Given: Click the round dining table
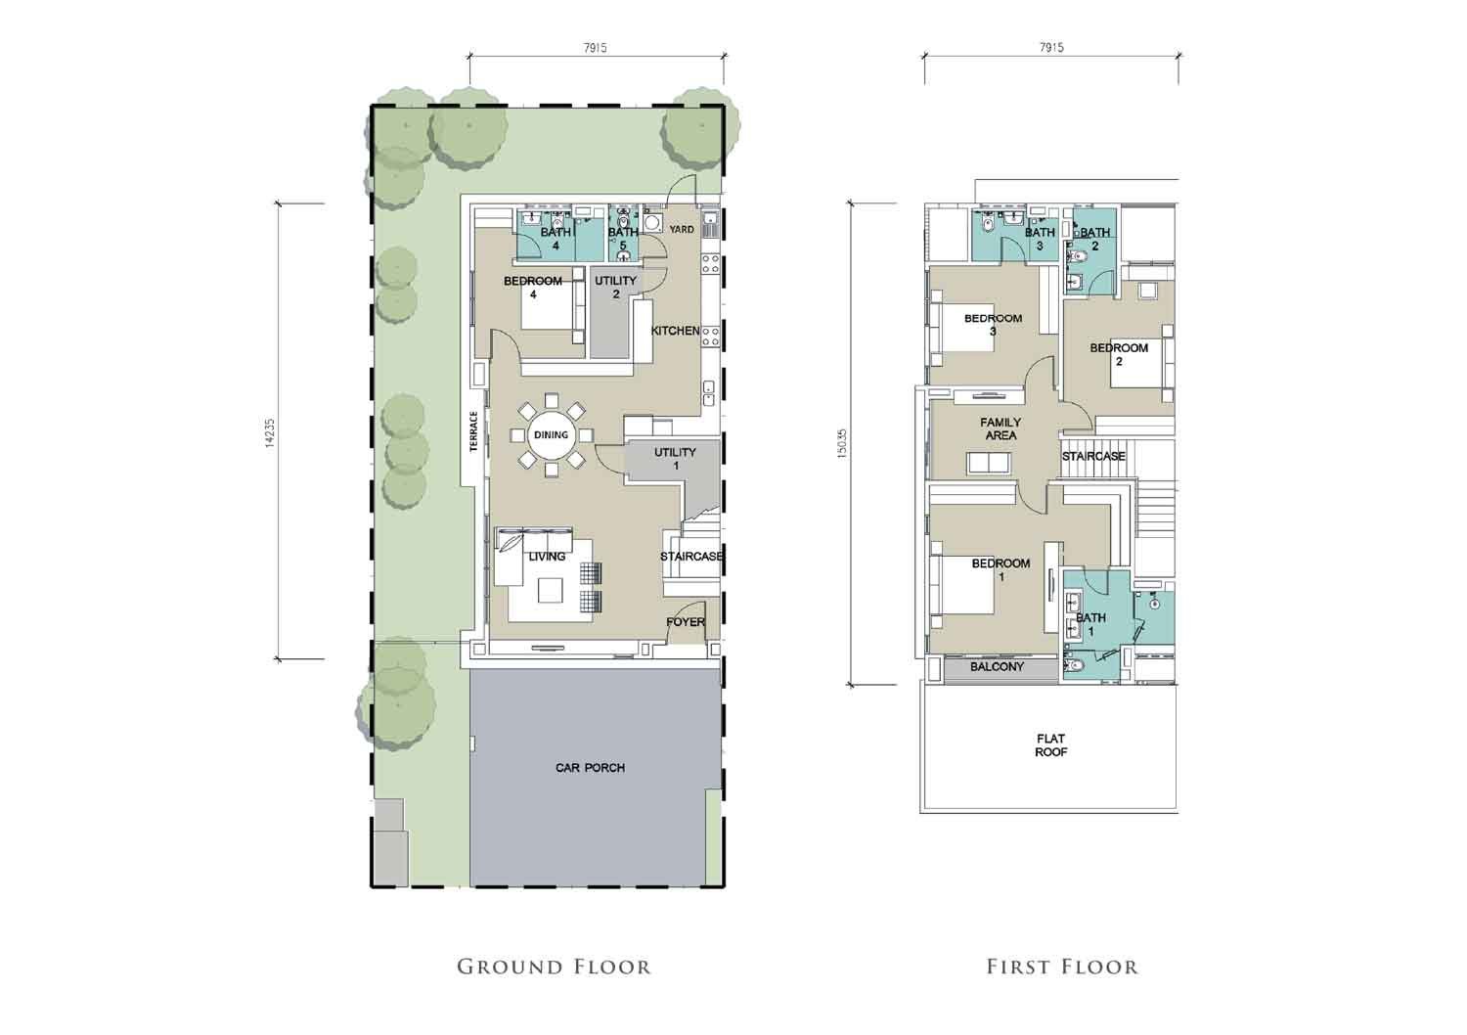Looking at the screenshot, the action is coord(551,435).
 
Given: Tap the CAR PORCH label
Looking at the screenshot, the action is coord(590,767).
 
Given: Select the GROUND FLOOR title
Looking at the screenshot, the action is coord(555,967).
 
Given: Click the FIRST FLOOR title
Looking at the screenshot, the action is coord(1062,967).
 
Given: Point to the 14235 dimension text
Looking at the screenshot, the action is coord(270,433).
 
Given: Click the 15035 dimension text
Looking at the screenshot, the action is coord(842,443).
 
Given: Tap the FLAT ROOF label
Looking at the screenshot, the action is coord(1051,745).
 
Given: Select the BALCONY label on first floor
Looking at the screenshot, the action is coord(997,667).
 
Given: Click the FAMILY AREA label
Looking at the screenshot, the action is coord(1000,429).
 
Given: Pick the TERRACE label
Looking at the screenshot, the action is coord(473,431).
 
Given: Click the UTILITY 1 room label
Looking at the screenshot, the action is coord(675,459).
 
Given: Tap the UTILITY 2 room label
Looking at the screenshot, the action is coord(615,287).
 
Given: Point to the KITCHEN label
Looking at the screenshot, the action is coord(675,331).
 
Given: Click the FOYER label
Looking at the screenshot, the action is coord(686,621).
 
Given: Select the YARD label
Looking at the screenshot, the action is coord(681,229).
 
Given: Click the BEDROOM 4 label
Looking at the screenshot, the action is coord(533,288).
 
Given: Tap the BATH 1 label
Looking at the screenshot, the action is coord(1090,624).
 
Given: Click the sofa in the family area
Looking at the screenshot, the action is coord(989,463).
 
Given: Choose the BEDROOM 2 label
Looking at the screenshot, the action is coord(1119,354).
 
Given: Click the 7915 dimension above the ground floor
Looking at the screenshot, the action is coord(595,48).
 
